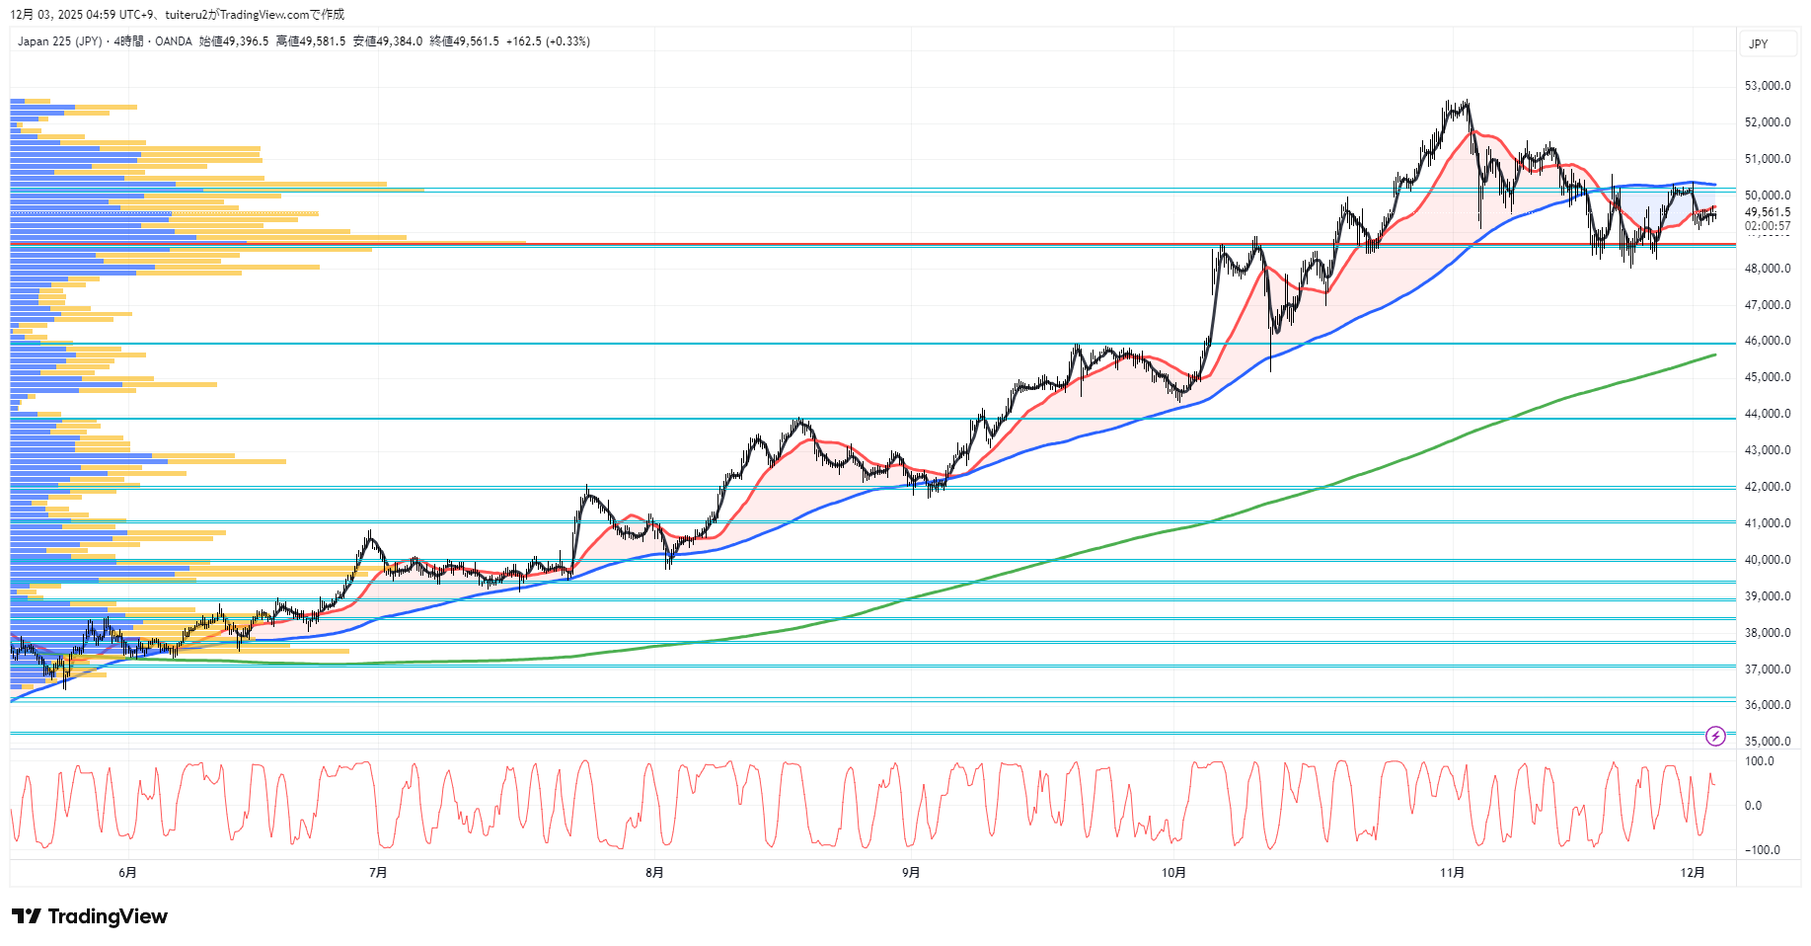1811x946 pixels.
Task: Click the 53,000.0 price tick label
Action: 1767,86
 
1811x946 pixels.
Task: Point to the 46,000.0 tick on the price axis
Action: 1767,341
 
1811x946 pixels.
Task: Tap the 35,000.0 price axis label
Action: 1767,742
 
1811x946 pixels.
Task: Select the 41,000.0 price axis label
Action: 1767,523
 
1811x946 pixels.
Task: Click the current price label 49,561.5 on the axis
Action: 1767,212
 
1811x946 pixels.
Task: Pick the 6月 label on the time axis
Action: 127,873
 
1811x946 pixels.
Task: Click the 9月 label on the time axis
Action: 911,873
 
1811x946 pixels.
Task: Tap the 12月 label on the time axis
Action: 1693,873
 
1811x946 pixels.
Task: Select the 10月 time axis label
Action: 1173,873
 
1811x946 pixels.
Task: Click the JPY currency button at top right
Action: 1759,44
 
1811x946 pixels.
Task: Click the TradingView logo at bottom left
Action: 90,916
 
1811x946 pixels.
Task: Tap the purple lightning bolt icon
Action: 1715,736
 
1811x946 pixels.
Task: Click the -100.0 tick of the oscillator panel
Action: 1762,850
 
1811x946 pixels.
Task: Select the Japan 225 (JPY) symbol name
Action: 59,41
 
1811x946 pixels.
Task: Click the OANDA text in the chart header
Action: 174,41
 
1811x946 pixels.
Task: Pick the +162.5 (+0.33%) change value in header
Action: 548,41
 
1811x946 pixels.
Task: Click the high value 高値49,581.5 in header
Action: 311,41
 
